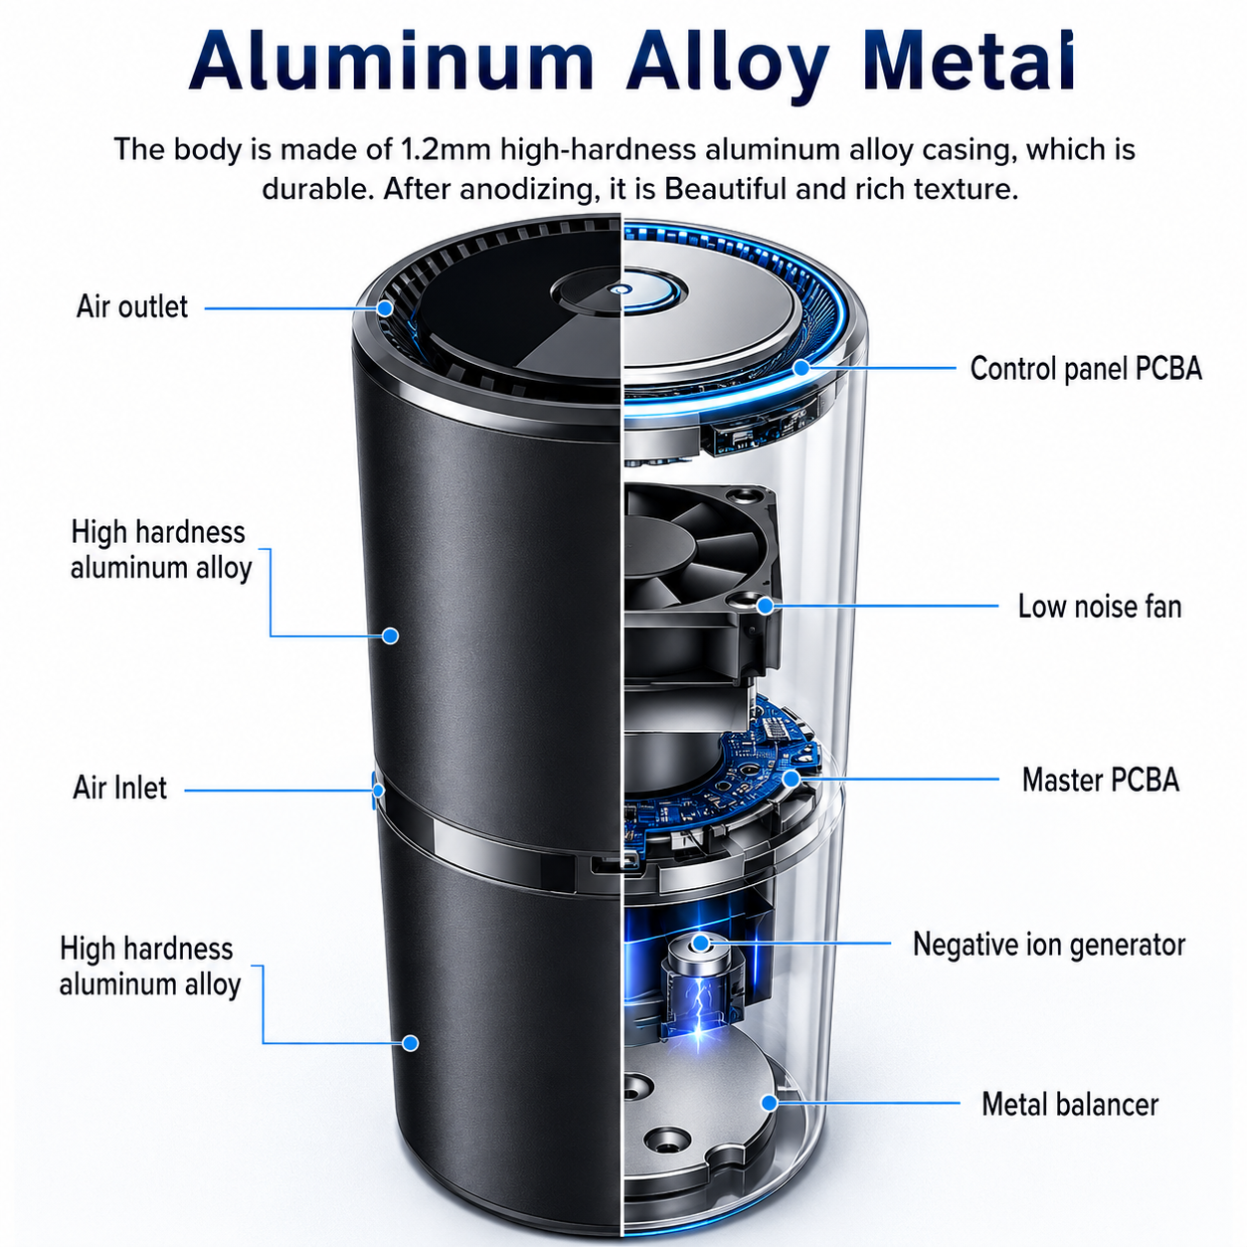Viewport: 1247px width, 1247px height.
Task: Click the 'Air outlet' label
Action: click(x=132, y=306)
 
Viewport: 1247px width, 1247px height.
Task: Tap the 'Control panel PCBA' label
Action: click(x=1086, y=369)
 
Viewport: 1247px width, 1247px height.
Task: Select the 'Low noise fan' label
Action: click(x=1100, y=607)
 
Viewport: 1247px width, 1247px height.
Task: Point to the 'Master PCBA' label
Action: click(x=1100, y=780)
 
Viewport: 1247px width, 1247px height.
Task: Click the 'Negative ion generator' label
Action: click(x=1049, y=944)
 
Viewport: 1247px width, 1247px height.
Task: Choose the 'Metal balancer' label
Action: click(x=1070, y=1104)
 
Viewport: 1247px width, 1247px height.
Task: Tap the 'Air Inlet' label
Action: click(x=119, y=788)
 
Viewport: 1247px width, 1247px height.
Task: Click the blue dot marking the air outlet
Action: click(x=385, y=308)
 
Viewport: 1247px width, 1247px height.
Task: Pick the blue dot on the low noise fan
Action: click(x=766, y=606)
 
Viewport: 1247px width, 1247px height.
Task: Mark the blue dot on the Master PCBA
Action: click(x=791, y=779)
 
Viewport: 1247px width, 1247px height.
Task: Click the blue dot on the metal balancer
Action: click(x=770, y=1103)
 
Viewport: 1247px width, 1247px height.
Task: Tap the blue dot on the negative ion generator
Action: click(x=700, y=943)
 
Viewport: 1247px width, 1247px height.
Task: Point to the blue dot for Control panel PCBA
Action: click(x=802, y=368)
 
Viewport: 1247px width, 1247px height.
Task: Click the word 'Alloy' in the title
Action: click(x=727, y=63)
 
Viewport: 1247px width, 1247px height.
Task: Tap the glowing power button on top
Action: click(x=620, y=291)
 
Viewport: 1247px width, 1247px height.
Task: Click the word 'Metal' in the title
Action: click(x=969, y=61)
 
